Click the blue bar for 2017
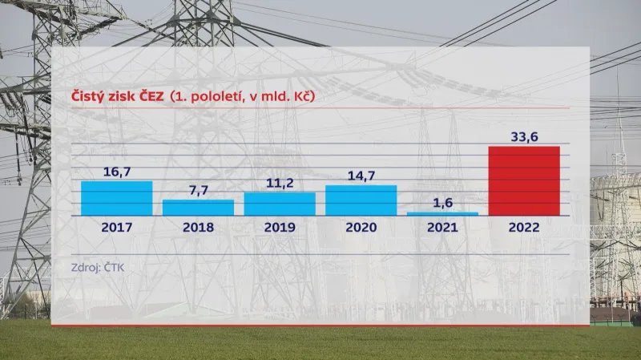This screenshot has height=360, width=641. [116, 198]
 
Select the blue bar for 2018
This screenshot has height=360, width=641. [198, 207]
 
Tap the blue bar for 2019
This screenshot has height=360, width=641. [280, 204]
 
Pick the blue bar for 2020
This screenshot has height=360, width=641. [361, 200]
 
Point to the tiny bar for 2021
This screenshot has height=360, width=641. [442, 213]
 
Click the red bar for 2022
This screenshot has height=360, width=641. [524, 181]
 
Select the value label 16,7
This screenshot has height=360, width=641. [116, 172]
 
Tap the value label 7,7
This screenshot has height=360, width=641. [198, 191]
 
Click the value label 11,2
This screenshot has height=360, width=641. [280, 184]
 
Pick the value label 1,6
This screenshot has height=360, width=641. [442, 204]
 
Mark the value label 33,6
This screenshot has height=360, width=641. [524, 137]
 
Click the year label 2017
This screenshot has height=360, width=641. [116, 228]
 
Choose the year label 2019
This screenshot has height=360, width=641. [280, 228]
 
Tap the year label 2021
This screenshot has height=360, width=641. [442, 228]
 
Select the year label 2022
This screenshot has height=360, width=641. [524, 228]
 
